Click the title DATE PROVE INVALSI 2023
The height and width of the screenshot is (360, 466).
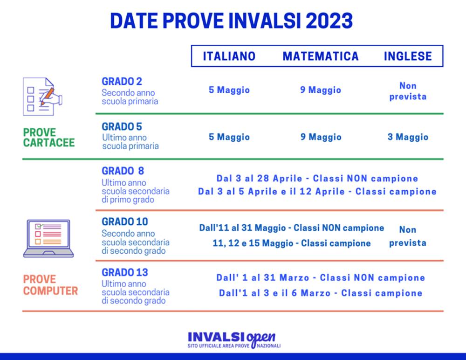[x=232, y=21]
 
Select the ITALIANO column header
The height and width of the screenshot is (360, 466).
[x=229, y=56]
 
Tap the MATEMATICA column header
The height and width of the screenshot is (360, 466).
[x=321, y=56]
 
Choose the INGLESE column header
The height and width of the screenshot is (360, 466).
[x=408, y=56]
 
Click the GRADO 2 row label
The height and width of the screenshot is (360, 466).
[x=122, y=82]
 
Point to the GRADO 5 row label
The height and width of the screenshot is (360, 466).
[x=122, y=127]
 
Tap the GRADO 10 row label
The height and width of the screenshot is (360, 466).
[x=124, y=222]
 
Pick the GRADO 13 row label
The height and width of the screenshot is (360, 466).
[x=124, y=272]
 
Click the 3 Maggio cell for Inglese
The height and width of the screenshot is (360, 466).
[x=408, y=137]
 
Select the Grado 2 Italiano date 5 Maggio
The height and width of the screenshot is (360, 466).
[x=229, y=90]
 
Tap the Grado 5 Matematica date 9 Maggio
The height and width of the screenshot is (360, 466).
[x=321, y=137]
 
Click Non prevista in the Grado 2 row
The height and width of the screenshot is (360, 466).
[x=408, y=91]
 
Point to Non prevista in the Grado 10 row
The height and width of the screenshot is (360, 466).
[x=408, y=236]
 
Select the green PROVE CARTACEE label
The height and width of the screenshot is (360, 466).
[x=48, y=138]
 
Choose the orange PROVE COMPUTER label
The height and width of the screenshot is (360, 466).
[x=50, y=285]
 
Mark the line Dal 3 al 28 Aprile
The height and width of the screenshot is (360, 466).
[x=317, y=179]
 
